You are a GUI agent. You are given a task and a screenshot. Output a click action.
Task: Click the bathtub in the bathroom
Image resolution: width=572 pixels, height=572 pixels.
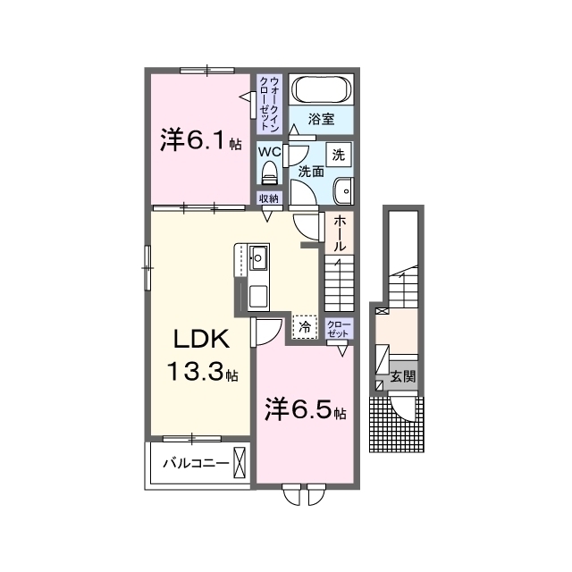tap(322, 89)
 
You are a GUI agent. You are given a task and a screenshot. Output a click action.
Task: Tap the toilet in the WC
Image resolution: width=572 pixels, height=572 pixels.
tap(270, 172)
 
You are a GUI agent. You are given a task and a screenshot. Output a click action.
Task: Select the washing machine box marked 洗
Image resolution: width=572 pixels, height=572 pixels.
tap(339, 155)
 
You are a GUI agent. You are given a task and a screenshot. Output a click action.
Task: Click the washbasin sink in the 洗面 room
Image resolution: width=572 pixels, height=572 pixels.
tap(343, 190)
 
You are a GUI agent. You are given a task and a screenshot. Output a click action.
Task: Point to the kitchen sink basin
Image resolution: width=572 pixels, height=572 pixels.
tap(258, 258)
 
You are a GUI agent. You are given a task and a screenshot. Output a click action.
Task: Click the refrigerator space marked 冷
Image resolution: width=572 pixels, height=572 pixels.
tap(305, 327)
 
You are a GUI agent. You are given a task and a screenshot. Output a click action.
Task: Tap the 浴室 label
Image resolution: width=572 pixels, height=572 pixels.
tap(321, 119)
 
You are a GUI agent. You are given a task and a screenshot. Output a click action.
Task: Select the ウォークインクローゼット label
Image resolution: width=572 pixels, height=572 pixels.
tap(269, 104)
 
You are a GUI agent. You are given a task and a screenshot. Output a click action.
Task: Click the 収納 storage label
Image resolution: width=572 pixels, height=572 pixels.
tap(269, 198)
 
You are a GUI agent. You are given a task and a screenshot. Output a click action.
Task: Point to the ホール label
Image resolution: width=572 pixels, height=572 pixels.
tap(340, 232)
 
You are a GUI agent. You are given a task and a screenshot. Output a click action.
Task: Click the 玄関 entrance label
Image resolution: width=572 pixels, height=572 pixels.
tap(403, 376)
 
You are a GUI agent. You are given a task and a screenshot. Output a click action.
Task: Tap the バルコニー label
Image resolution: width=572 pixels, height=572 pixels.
tap(196, 463)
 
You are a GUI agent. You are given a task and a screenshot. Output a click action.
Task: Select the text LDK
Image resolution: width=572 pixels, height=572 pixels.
tap(201, 340)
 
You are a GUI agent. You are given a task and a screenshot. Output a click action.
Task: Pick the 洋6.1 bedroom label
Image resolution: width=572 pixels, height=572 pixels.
tap(201, 140)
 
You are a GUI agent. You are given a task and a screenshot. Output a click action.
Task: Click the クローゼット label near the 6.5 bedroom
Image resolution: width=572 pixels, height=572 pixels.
tap(339, 329)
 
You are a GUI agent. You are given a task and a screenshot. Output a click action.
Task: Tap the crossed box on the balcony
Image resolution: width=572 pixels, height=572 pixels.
tap(240, 463)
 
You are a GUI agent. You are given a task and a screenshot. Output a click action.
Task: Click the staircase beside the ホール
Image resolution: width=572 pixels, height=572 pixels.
tap(340, 283)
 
